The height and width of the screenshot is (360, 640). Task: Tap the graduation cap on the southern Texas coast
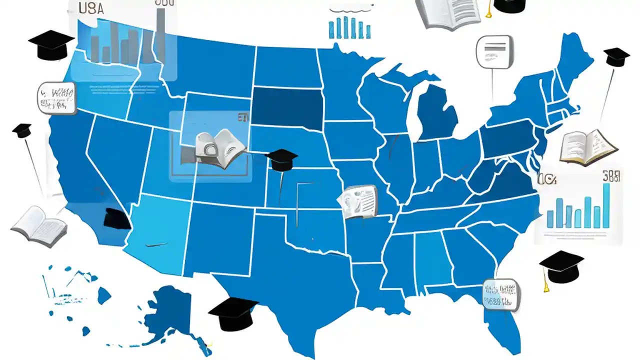pyautogui.click(x=233, y=313)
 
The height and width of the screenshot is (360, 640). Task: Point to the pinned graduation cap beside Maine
pyautogui.click(x=616, y=56)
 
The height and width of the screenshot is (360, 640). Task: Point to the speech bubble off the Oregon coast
pyautogui.click(x=56, y=97)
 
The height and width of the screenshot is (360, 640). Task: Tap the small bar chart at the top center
pyautogui.click(x=349, y=27)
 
